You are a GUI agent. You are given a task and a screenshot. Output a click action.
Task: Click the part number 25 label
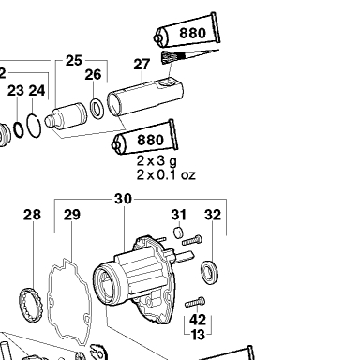point(74,60)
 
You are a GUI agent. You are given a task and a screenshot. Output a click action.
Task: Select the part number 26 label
point(93,74)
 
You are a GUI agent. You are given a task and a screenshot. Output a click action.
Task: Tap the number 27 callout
point(142,64)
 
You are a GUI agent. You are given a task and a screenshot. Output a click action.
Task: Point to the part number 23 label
point(16,90)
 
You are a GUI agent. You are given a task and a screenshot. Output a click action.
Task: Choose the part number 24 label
point(37,90)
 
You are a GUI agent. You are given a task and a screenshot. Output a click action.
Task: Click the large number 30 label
point(123,199)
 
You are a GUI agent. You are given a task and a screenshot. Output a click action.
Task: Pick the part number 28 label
point(32,215)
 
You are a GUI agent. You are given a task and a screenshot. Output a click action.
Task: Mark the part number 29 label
point(72,215)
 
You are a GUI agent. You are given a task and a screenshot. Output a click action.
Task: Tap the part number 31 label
point(179,215)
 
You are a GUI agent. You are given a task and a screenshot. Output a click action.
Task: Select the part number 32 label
point(213,215)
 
